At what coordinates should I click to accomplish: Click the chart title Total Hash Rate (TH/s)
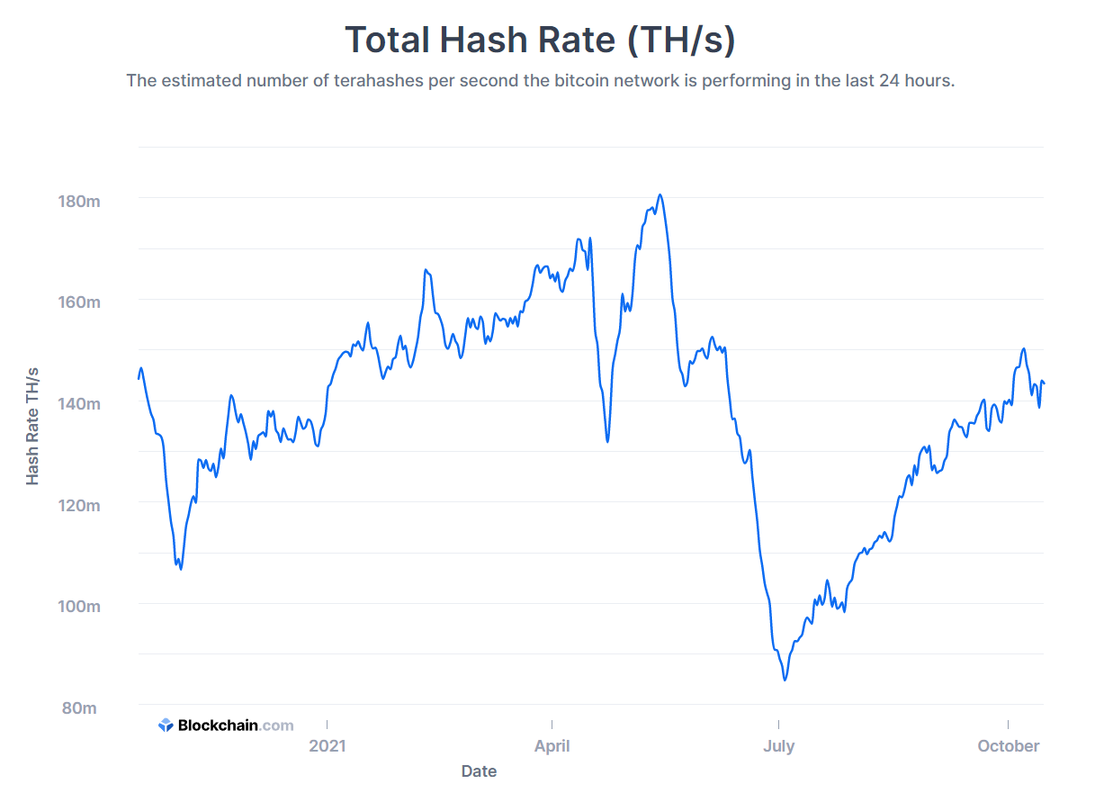coord(540,41)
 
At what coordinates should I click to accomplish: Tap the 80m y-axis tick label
coord(79,708)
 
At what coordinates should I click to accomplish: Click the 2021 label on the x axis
coord(327,745)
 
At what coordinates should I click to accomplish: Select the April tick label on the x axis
coord(552,745)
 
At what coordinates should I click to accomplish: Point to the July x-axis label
coord(778,745)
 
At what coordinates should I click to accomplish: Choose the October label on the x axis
coord(1008,745)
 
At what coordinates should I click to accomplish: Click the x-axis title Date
coord(479,771)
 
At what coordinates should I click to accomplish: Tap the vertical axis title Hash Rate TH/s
coord(33,426)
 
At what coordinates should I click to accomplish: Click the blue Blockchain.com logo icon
coord(166,725)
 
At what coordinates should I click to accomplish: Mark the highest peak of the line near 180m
coord(660,194)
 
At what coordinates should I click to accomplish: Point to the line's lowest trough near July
coord(785,680)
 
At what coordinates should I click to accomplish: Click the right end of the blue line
coord(1044,383)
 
